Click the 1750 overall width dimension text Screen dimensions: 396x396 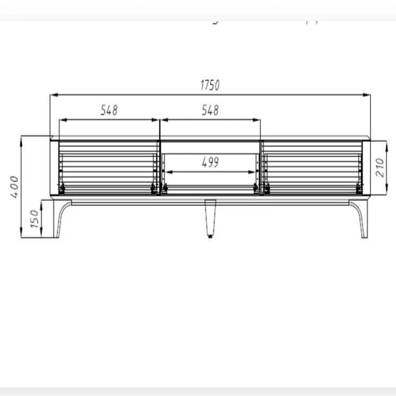210,85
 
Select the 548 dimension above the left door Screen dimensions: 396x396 109,110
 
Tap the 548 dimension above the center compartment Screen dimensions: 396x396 210,110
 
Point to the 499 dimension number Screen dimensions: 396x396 210,163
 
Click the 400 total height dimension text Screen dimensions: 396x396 14,187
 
